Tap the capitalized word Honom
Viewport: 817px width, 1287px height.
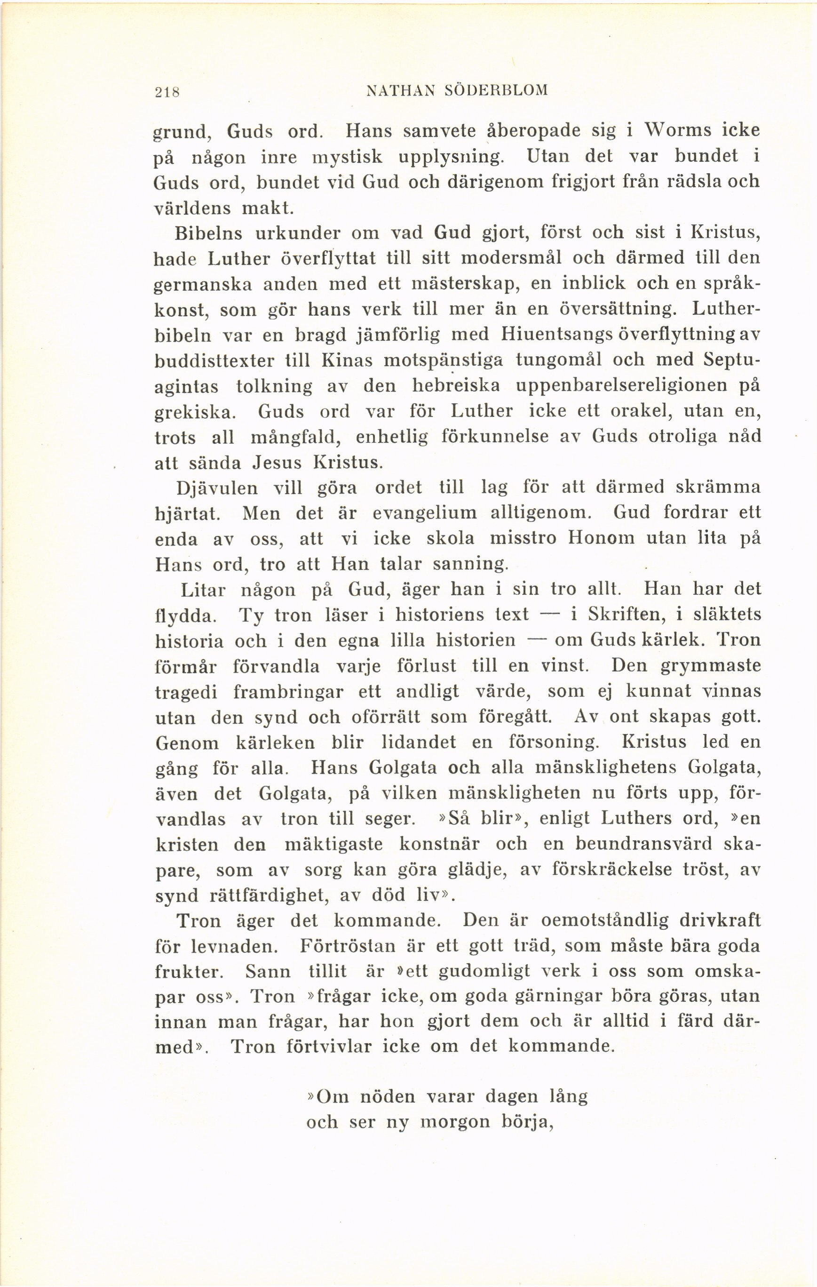click(601, 538)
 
